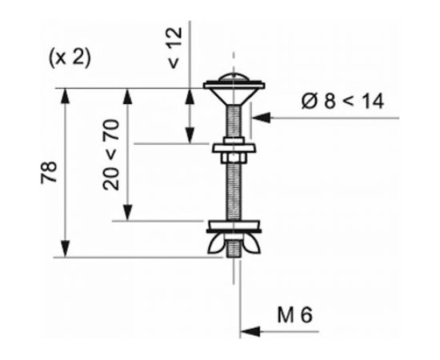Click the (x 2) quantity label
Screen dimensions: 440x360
[x=70, y=58]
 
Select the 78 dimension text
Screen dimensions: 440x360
[x=49, y=172]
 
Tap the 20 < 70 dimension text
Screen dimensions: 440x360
[x=111, y=155]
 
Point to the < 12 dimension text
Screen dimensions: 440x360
[x=175, y=48]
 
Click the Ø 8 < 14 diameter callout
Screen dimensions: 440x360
[x=342, y=101]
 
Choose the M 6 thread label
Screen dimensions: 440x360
[x=294, y=315]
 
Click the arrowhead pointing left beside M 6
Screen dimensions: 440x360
[x=250, y=331]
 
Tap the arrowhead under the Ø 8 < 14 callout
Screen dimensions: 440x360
[x=262, y=118]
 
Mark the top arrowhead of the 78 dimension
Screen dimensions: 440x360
[x=65, y=98]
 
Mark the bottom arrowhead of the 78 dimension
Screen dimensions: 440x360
[x=65, y=248]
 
